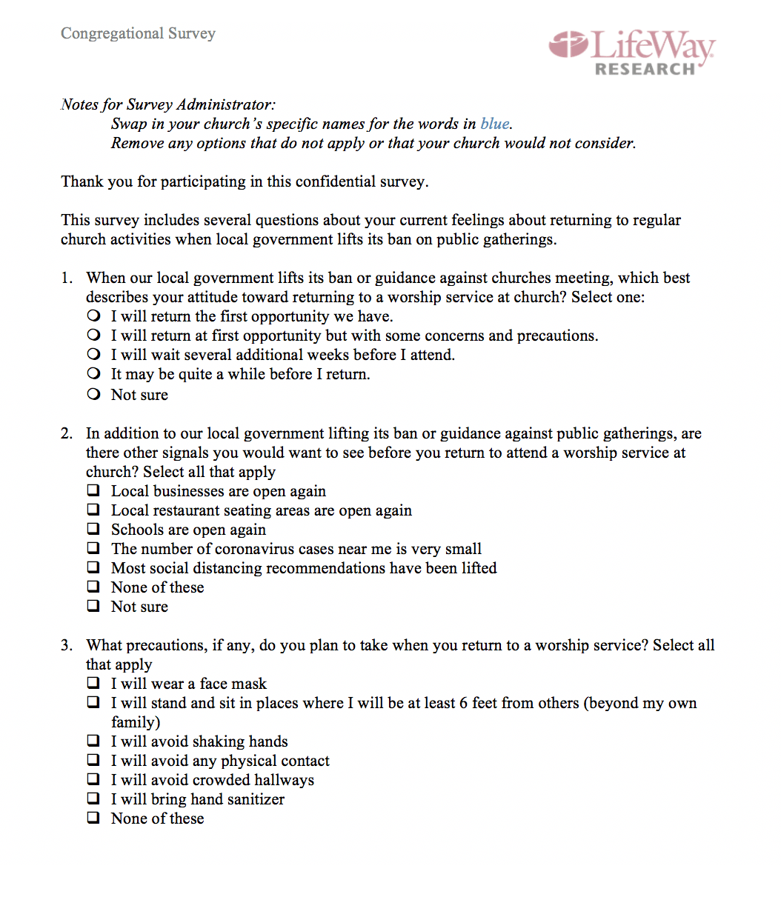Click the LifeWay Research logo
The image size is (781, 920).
631,52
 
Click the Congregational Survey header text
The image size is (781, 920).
138,33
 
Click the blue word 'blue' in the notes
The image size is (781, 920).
494,124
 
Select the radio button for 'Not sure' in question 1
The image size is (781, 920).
93,394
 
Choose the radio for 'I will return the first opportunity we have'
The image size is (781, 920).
93,316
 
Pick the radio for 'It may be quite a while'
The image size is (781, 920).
93,373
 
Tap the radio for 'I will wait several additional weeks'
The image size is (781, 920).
93,354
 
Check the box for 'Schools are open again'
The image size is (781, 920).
93,529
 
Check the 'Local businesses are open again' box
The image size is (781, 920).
93,490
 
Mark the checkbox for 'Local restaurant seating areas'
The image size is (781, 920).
93,510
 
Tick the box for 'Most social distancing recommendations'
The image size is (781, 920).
93,567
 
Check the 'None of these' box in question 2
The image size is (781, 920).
93,587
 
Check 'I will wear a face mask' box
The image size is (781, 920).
93,683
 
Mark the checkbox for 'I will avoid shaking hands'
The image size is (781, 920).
93,741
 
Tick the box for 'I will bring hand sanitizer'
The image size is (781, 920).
93,799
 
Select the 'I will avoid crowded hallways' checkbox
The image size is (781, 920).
93,779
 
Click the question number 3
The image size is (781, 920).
66,645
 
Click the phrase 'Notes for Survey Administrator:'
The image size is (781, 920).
168,104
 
